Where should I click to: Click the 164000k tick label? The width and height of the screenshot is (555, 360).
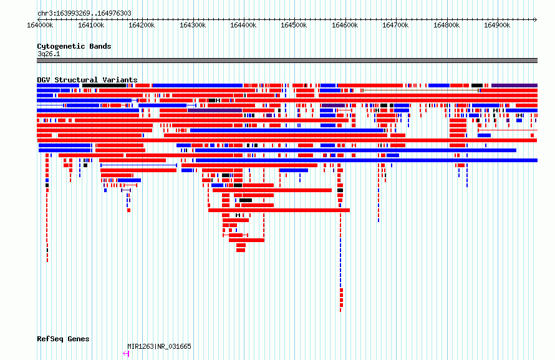(40, 25)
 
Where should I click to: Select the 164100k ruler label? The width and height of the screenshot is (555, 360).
(91, 25)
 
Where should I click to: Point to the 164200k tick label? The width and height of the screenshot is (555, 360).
(142, 25)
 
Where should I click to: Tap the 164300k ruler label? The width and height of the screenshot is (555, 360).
(193, 25)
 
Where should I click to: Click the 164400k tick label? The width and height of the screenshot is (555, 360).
(243, 25)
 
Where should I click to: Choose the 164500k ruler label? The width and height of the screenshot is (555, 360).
(294, 25)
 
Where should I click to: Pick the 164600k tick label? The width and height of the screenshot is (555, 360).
(345, 25)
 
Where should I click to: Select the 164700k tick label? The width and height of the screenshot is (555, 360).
(395, 25)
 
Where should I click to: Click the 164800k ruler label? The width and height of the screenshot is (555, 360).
(446, 25)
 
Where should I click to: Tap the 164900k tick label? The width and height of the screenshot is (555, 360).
(497, 25)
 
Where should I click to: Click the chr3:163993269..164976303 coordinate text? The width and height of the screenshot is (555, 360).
(84, 14)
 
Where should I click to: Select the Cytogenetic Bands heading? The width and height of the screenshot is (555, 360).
(74, 46)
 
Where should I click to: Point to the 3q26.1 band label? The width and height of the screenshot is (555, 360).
(49, 54)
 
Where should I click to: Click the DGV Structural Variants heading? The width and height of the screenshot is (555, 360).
(87, 80)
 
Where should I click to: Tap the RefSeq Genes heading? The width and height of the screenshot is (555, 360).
(63, 339)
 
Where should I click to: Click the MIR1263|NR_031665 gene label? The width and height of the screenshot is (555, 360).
(159, 346)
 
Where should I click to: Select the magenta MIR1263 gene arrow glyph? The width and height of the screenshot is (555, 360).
(126, 354)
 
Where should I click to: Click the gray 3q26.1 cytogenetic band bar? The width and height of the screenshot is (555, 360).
(287, 61)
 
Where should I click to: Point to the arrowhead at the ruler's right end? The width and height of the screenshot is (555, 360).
(536, 19)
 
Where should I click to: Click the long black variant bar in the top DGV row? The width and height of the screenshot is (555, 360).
(104, 85)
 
